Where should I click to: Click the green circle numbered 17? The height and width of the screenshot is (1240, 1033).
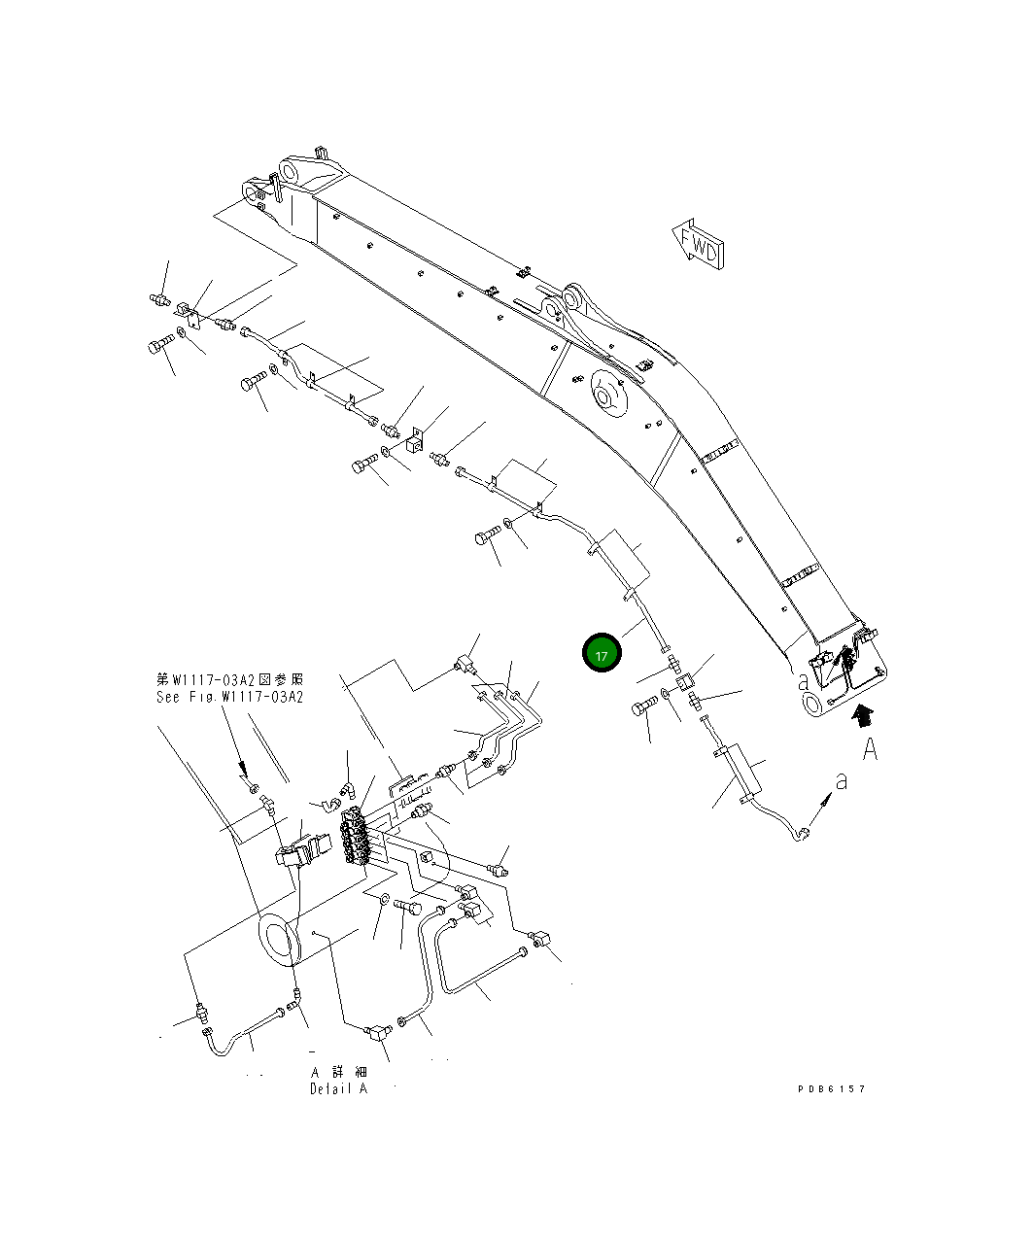[x=601, y=655]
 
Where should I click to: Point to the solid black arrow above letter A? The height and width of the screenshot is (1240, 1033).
[x=862, y=716]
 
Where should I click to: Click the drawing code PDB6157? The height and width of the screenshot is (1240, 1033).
[x=831, y=1088]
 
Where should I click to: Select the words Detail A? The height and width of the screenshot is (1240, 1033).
[x=339, y=1088]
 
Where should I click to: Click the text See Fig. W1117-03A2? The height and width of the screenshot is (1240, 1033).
[x=229, y=697]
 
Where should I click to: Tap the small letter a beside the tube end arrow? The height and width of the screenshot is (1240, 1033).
[x=842, y=779]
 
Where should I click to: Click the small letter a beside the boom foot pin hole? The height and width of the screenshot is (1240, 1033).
[x=804, y=681]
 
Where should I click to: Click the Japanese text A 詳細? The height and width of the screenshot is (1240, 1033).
[x=338, y=1071]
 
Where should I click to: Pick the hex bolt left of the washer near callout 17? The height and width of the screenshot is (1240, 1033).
[x=642, y=708]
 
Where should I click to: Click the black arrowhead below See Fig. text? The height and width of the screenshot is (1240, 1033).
[x=245, y=771]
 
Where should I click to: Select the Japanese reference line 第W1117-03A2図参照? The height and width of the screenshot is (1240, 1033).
[x=229, y=679]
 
